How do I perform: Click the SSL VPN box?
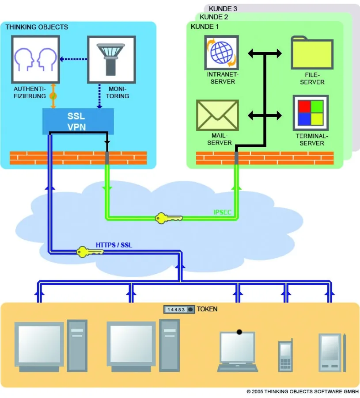coord(78,121)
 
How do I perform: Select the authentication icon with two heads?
coord(35,59)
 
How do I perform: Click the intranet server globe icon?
coord(221,52)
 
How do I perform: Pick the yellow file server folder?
coord(312,53)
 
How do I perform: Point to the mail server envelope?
coord(217,115)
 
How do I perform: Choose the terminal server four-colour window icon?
coord(311,113)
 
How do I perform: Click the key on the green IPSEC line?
coord(168,218)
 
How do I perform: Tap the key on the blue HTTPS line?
coord(90,252)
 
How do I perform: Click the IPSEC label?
coord(223,213)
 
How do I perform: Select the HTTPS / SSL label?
coord(114,245)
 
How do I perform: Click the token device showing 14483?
coord(179,310)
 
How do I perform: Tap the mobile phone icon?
coord(285,356)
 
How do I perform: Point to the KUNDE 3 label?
coord(223,8)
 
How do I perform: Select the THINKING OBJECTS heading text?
coord(37,27)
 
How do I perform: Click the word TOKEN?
coord(207,309)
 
